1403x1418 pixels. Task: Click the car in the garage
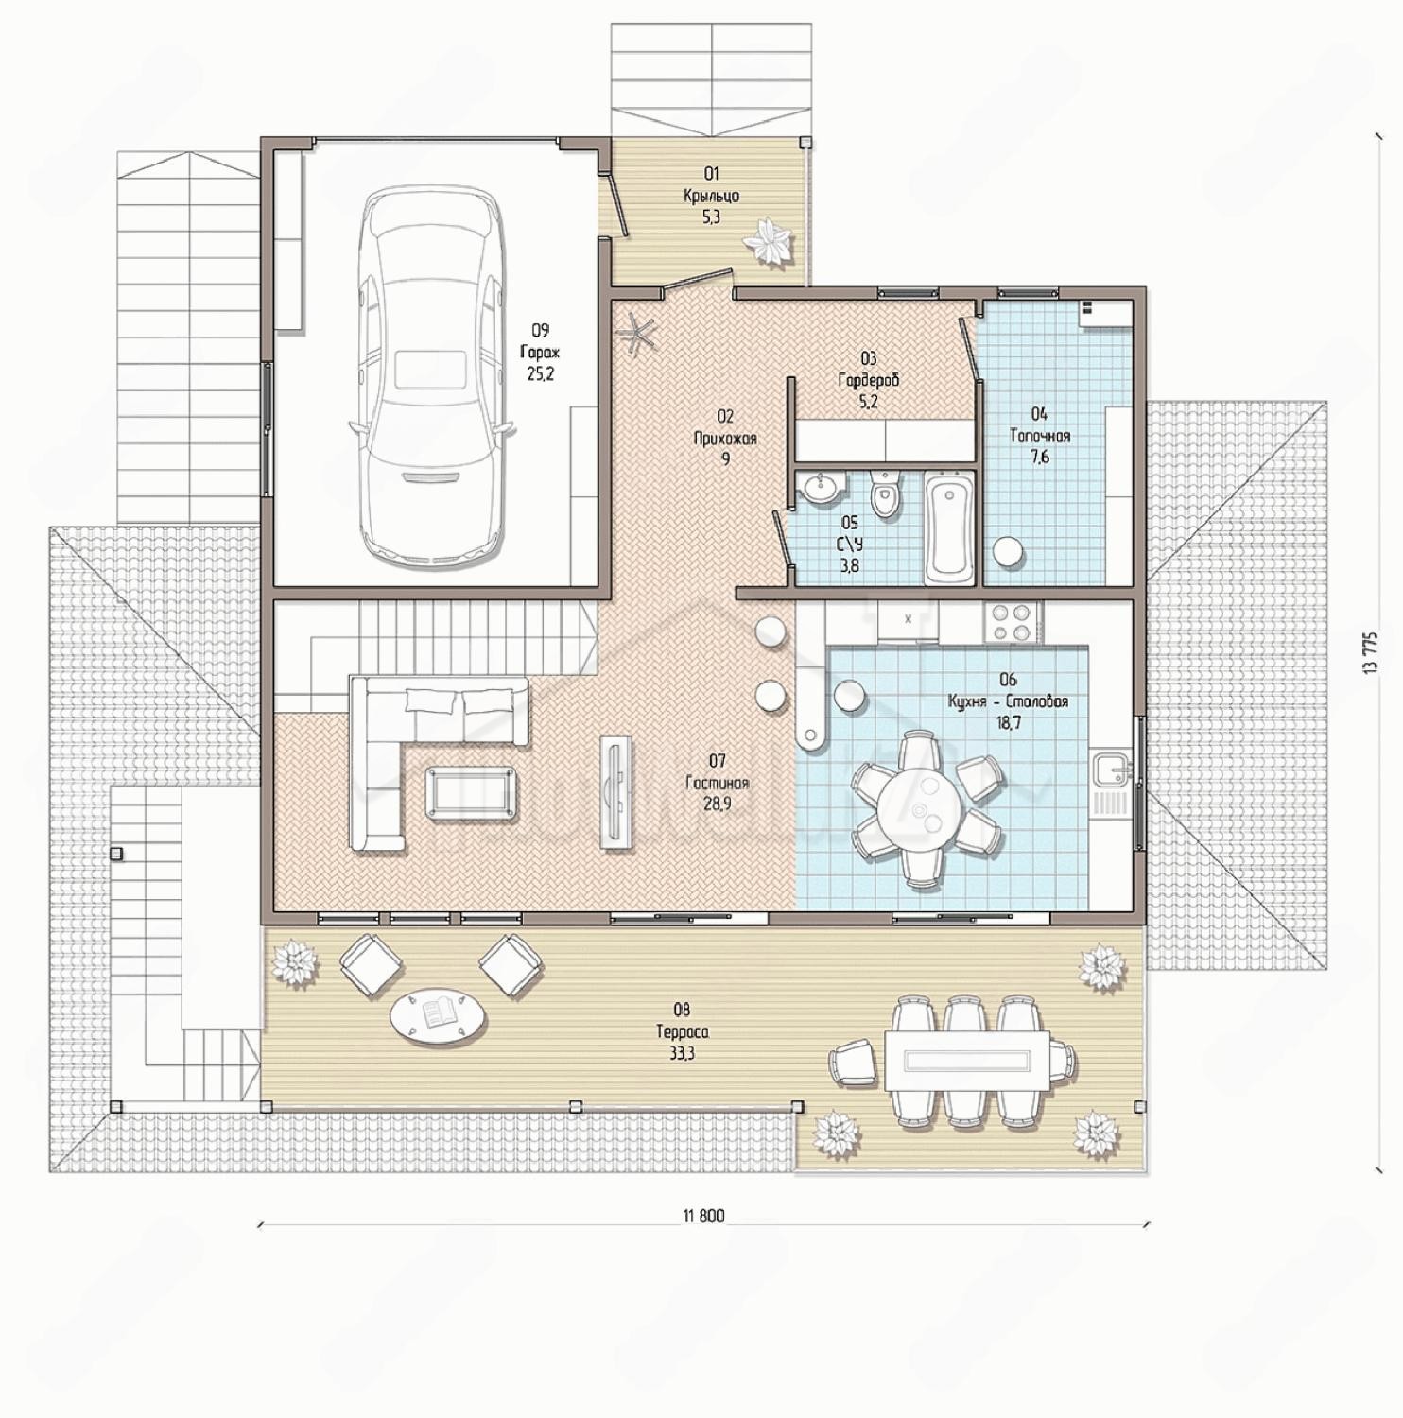click(432, 377)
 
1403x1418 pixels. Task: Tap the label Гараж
click(540, 352)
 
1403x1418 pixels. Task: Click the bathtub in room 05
click(948, 530)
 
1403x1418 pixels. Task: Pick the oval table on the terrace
click(438, 1016)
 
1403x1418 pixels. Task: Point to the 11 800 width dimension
click(703, 1217)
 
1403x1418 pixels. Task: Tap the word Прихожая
click(725, 438)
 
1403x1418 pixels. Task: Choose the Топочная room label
click(1040, 436)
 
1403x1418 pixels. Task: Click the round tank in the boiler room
click(1009, 553)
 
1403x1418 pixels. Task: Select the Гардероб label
click(868, 380)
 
